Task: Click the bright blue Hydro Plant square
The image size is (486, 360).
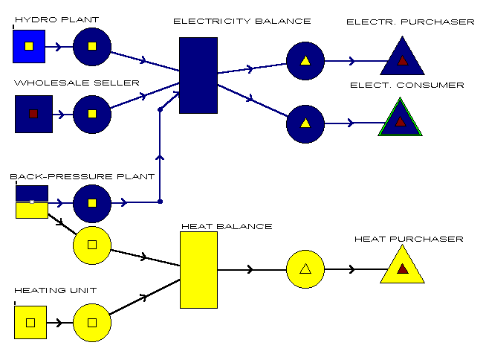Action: click(29, 46)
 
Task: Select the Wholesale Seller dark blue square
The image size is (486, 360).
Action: click(33, 114)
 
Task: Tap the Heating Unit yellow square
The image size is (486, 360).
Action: click(30, 322)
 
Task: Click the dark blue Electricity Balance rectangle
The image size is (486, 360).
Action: click(198, 75)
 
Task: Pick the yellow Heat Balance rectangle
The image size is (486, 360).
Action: click(198, 269)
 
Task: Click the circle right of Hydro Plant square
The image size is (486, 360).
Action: click(92, 46)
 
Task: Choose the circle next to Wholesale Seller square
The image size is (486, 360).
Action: click(92, 114)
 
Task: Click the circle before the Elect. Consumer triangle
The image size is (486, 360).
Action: click(305, 123)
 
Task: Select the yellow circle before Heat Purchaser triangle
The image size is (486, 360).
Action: click(305, 269)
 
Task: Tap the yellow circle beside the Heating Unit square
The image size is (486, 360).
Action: click(92, 322)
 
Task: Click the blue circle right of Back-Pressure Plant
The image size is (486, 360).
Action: click(92, 202)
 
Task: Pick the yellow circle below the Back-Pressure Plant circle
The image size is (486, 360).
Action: click(92, 244)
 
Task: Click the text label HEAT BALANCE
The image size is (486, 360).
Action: click(227, 226)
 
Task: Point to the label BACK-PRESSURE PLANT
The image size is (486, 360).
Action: click(82, 177)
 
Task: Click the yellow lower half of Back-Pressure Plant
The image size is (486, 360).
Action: click(31, 210)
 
